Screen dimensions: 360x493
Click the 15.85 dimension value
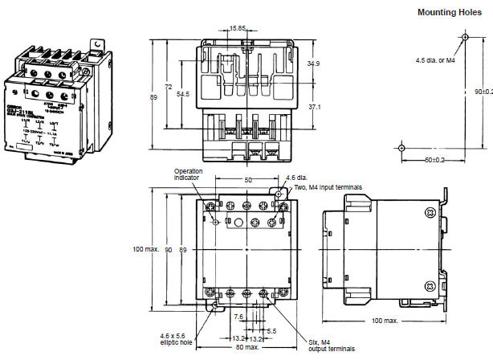click(x=237, y=29)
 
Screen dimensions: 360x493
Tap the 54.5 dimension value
click(x=183, y=94)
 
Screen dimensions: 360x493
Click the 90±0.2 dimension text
click(x=483, y=91)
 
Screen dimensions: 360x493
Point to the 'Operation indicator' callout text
click(x=188, y=174)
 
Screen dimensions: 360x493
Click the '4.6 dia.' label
click(x=297, y=178)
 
